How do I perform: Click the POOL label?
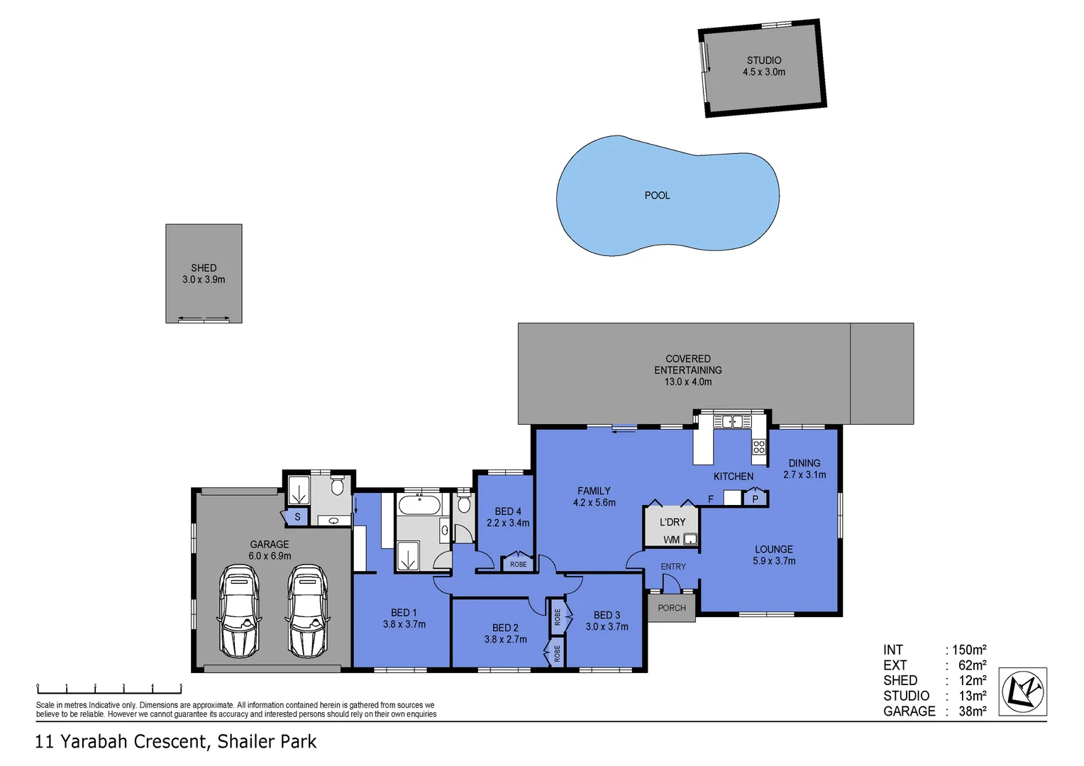657,195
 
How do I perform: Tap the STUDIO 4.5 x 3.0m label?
764,66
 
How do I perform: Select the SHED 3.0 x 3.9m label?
204,274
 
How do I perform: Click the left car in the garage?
238,611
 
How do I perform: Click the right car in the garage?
307,611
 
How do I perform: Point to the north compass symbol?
1022,692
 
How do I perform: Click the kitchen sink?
732,422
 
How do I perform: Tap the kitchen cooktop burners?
759,447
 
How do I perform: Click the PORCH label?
671,608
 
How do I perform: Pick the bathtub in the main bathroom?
419,506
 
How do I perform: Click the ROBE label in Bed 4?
519,565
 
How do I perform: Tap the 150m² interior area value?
969,650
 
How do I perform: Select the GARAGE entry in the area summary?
909,711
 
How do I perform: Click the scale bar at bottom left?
109,688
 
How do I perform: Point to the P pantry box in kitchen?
755,499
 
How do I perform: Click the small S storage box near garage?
297,517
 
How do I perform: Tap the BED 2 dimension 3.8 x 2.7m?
505,639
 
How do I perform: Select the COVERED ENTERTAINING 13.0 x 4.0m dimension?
687,382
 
